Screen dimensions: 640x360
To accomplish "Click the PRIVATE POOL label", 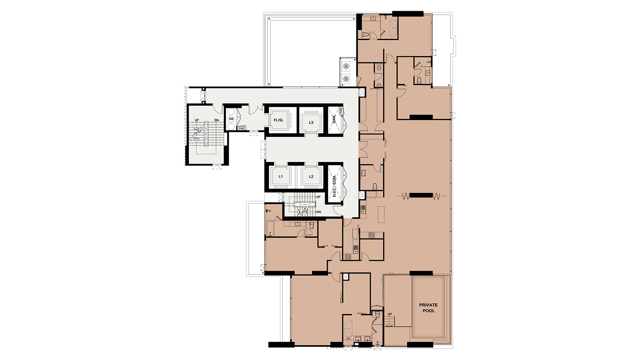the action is [x=428, y=308].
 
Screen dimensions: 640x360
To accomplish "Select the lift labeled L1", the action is [x=280, y=176].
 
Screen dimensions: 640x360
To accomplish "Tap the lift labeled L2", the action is [x=311, y=176].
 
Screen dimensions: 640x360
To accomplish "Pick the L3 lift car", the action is [x=311, y=122].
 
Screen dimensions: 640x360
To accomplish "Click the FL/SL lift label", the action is [x=278, y=120].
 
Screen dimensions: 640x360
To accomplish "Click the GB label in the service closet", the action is [x=231, y=118].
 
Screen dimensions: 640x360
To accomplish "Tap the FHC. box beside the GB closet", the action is [x=242, y=128].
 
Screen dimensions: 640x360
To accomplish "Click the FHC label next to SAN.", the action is [x=340, y=110].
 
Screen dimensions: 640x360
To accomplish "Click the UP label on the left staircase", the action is [x=197, y=120].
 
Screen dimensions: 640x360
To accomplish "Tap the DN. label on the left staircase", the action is [x=217, y=120].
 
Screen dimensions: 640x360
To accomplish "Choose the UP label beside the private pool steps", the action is [x=390, y=314].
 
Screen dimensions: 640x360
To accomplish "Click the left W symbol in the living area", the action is [x=406, y=196].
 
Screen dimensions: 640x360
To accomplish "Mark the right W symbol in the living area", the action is [x=436, y=196].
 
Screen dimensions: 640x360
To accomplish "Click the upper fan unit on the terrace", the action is [x=346, y=66].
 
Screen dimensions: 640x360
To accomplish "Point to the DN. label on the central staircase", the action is [x=319, y=212].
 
